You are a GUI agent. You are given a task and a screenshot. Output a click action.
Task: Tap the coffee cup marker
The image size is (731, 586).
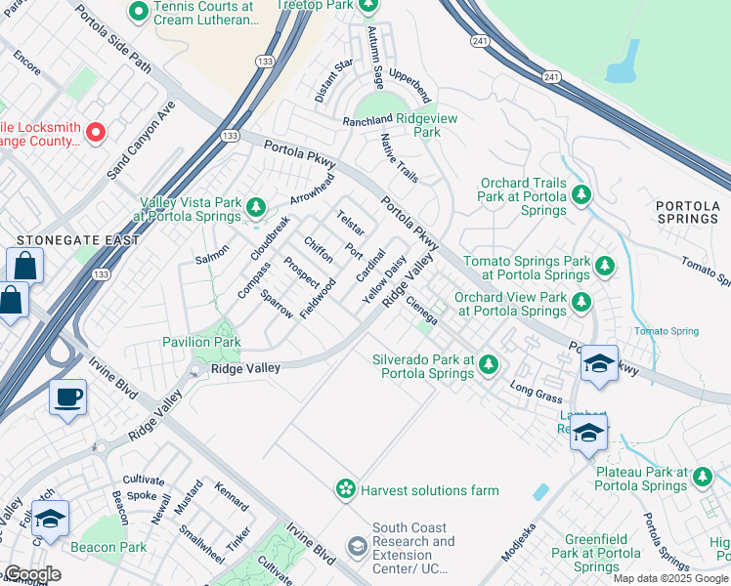[68, 397]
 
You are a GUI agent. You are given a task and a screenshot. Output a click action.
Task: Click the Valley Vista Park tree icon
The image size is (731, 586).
[256, 207]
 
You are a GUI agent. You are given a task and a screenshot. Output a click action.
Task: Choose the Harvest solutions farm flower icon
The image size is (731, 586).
[345, 489]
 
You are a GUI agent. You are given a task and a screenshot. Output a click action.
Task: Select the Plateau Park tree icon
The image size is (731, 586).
[703, 477]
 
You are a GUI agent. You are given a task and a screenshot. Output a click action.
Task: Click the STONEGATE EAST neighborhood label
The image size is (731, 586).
[64, 239]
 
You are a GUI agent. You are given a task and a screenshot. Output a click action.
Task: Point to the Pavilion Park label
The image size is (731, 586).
[201, 343]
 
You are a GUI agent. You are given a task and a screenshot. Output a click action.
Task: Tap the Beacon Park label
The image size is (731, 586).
[107, 547]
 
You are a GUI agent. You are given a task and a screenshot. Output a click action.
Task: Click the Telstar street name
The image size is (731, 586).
[350, 223]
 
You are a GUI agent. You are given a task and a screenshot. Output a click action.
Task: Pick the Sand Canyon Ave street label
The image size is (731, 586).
[140, 139]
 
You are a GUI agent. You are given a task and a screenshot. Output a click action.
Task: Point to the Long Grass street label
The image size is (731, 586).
[536, 392]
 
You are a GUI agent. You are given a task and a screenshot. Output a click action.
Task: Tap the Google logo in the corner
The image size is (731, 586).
[32, 573]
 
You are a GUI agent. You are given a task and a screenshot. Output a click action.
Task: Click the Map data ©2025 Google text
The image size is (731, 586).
[670, 578]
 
